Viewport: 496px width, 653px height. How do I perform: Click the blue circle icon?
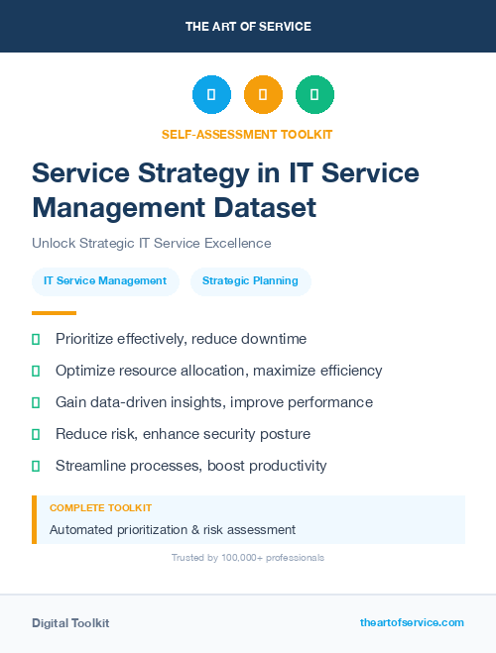pyautogui.click(x=211, y=95)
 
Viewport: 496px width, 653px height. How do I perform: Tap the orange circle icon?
pyautogui.click(x=263, y=95)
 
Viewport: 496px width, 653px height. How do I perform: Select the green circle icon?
pyautogui.click(x=314, y=95)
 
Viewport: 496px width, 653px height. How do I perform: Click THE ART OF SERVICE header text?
pyautogui.click(x=248, y=27)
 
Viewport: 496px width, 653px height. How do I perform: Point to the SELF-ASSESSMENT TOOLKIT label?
pyautogui.click(x=247, y=134)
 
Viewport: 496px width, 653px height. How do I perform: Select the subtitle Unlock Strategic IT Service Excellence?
pyautogui.click(x=151, y=243)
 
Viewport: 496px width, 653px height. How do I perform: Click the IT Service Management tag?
pyautogui.click(x=105, y=280)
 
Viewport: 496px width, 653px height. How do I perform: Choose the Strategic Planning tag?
pyautogui.click(x=250, y=280)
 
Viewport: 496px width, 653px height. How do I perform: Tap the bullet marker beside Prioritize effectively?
pyautogui.click(x=36, y=339)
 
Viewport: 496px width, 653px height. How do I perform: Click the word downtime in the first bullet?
pyautogui.click(x=271, y=339)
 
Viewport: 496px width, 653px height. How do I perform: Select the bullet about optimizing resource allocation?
pyautogui.click(x=218, y=371)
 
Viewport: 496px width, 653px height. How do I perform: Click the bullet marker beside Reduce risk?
pyautogui.click(x=36, y=434)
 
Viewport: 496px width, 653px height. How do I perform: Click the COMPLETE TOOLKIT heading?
pyautogui.click(x=100, y=507)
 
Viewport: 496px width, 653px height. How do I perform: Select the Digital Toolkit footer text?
pyautogui.click(x=70, y=622)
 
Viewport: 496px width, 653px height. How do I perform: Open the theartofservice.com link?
pyautogui.click(x=412, y=622)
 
